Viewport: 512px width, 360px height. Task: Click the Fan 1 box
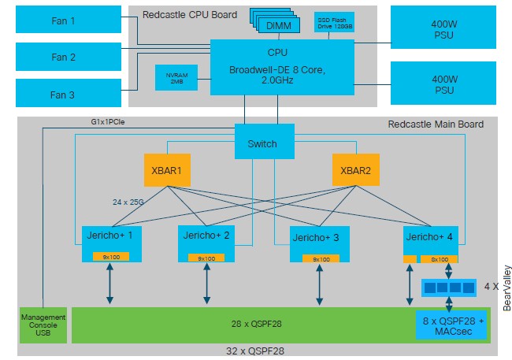69,19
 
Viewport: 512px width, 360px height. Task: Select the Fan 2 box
69,57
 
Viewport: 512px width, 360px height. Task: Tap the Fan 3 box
69,93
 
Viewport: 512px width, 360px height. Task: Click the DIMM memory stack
275,20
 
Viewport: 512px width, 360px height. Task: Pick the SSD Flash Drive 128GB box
334,22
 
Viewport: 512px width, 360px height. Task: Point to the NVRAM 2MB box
176,78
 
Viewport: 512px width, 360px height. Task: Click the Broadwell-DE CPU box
282,67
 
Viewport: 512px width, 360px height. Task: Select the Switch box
265,141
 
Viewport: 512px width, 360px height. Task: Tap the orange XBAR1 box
167,170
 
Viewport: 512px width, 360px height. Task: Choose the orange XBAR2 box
356,170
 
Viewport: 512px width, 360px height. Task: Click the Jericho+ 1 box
111,243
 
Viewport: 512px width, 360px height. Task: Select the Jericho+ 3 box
320,244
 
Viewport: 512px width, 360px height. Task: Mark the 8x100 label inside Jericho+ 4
440,259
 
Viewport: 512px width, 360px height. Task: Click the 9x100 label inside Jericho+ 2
206,258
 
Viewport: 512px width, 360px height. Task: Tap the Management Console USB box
43,325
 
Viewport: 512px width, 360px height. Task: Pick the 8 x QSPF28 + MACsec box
451,325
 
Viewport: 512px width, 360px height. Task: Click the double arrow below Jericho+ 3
319,284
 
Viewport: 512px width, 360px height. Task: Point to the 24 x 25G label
128,202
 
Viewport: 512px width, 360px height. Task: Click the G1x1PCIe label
108,122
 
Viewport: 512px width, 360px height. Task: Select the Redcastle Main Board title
436,124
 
